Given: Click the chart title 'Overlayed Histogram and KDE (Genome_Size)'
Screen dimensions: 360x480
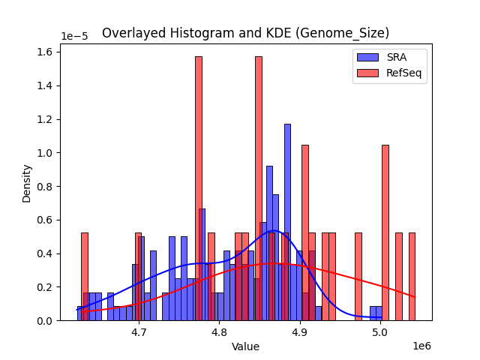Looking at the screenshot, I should (245, 33).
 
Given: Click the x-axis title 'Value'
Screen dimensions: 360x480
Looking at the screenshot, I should (245, 346).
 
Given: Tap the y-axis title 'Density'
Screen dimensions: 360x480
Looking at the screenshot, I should (27, 184).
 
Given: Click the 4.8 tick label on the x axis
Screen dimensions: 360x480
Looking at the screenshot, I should (219, 331).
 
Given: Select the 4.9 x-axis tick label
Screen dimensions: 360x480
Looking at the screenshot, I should (299, 331).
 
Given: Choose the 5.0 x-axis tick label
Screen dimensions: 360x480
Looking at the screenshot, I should (379, 331).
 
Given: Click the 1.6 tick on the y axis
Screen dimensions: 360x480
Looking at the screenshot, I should (46, 52).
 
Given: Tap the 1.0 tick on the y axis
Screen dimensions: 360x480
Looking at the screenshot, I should (46, 153).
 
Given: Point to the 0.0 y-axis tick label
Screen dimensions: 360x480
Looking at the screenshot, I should (46, 320).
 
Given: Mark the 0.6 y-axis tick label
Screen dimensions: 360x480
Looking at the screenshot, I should (46, 220).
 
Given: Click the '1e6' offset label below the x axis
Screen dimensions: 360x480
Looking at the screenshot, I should (421, 346).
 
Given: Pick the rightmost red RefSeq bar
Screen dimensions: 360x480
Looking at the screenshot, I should (412, 277).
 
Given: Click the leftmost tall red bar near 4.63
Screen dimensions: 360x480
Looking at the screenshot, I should (85, 277).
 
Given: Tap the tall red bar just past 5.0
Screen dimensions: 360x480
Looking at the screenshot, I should (385, 232).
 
